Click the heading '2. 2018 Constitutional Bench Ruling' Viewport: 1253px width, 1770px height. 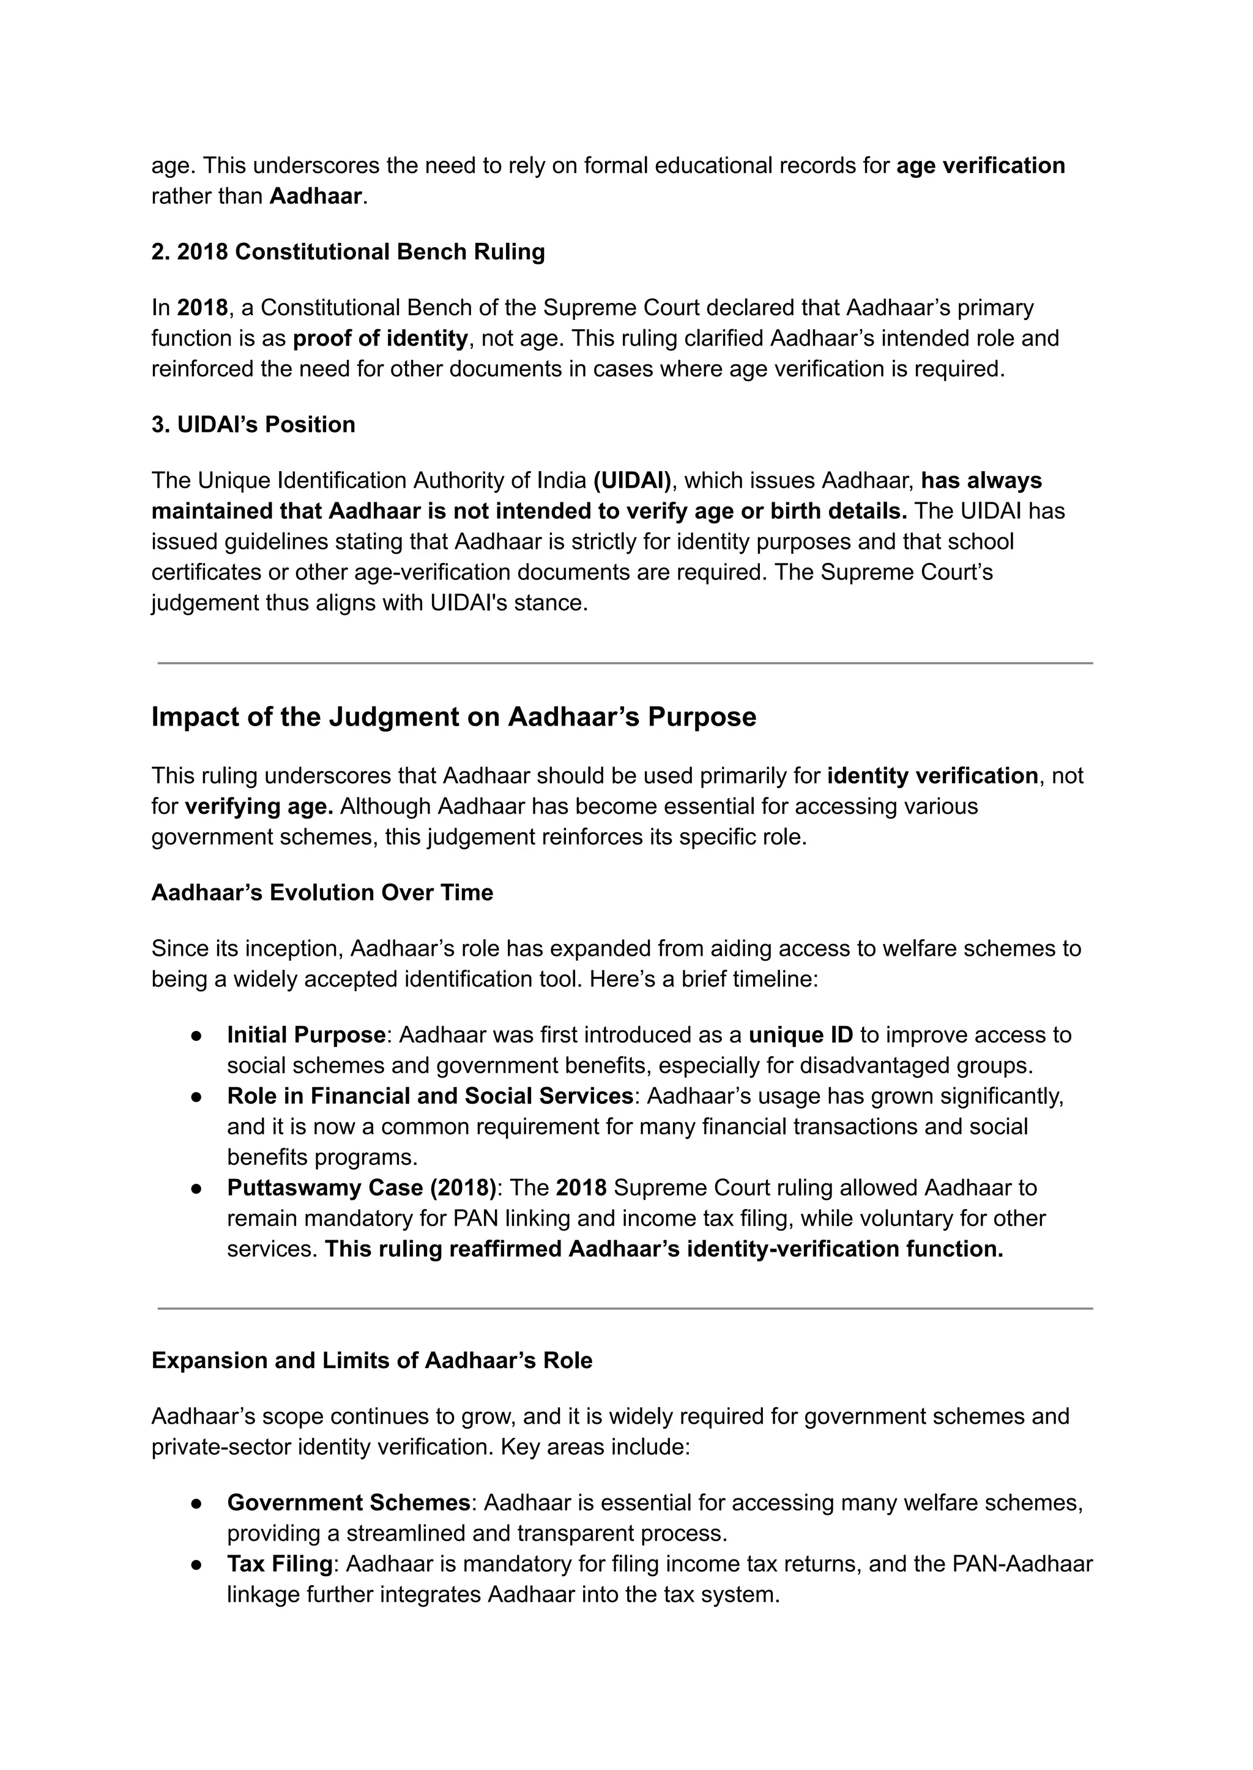[x=348, y=252]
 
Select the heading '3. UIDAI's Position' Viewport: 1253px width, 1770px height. [x=253, y=425]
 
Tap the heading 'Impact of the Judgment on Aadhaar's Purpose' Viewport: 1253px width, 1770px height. [x=454, y=717]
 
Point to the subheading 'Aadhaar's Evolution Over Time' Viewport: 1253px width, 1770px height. [x=322, y=893]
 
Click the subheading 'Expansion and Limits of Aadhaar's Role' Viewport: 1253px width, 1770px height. [x=372, y=1360]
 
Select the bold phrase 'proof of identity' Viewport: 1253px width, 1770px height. [x=381, y=338]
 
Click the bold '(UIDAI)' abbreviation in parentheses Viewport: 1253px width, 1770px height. [x=633, y=481]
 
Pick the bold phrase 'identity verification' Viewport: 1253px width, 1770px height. [x=932, y=775]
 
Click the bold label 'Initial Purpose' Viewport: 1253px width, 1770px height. [x=307, y=1035]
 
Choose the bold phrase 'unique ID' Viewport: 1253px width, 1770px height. [x=801, y=1035]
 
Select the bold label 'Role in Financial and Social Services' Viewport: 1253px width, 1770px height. [x=429, y=1096]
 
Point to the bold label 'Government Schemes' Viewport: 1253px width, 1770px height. [x=349, y=1502]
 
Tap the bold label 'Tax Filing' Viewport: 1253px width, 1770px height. [x=280, y=1564]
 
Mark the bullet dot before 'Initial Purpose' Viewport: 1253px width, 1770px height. [x=197, y=1035]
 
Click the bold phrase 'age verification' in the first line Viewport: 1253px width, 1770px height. [x=980, y=166]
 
